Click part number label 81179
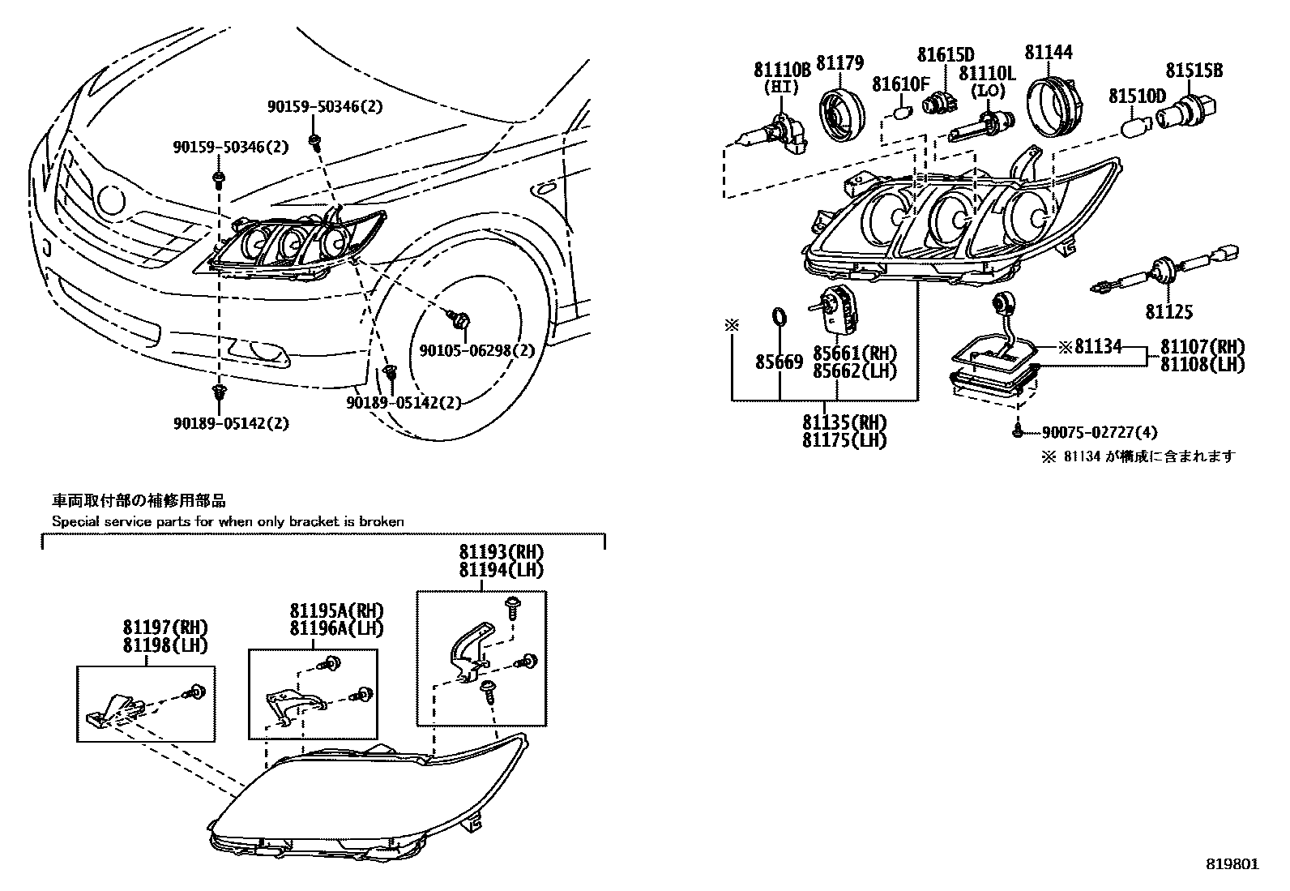click(x=839, y=63)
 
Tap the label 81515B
click(x=1194, y=71)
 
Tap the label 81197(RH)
click(x=165, y=627)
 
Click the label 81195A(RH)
click(x=336, y=610)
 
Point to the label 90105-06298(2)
click(x=477, y=350)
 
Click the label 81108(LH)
click(x=1202, y=364)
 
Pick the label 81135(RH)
click(x=844, y=422)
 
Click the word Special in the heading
click(x=74, y=521)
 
